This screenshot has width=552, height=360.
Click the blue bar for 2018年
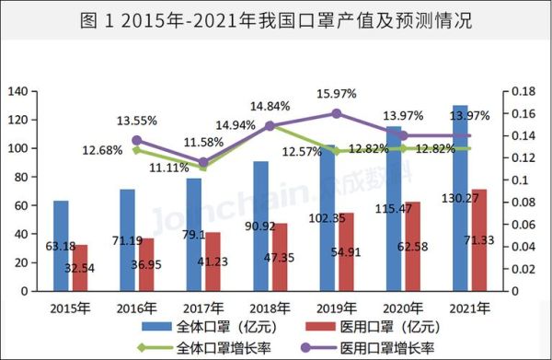click(261, 226)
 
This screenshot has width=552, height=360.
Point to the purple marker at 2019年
click(336, 113)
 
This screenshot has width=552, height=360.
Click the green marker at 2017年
click(202, 168)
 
